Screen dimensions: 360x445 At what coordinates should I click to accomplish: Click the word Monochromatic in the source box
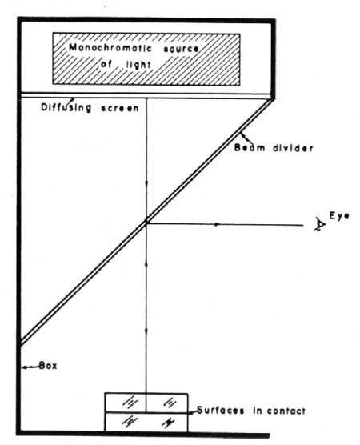(x=110, y=48)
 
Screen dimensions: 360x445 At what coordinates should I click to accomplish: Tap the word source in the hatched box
(x=182, y=49)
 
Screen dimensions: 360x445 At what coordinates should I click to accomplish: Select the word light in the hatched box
(x=138, y=65)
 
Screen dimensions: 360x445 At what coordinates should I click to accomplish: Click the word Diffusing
(x=66, y=107)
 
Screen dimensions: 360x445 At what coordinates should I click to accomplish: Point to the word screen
(x=120, y=108)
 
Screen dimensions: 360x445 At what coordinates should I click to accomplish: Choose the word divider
(x=294, y=148)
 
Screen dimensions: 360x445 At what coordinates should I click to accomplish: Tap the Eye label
(x=339, y=216)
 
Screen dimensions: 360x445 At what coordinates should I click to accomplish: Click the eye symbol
(x=320, y=224)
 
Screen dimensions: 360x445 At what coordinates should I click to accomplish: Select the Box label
(x=48, y=366)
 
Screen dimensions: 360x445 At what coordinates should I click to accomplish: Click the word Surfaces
(x=221, y=411)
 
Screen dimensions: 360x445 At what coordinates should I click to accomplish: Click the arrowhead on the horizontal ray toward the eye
(x=217, y=224)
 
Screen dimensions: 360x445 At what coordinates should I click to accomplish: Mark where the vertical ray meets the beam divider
(x=146, y=222)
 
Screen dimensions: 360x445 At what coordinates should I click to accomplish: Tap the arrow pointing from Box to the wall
(x=30, y=367)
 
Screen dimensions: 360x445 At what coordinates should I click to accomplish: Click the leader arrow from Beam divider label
(x=245, y=138)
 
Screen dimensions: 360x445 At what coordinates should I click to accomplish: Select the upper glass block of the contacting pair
(x=146, y=403)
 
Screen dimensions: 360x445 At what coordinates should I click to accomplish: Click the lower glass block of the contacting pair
(x=146, y=422)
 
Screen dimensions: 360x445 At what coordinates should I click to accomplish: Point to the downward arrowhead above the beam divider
(x=146, y=183)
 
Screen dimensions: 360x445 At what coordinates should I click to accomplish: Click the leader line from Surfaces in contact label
(x=193, y=412)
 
